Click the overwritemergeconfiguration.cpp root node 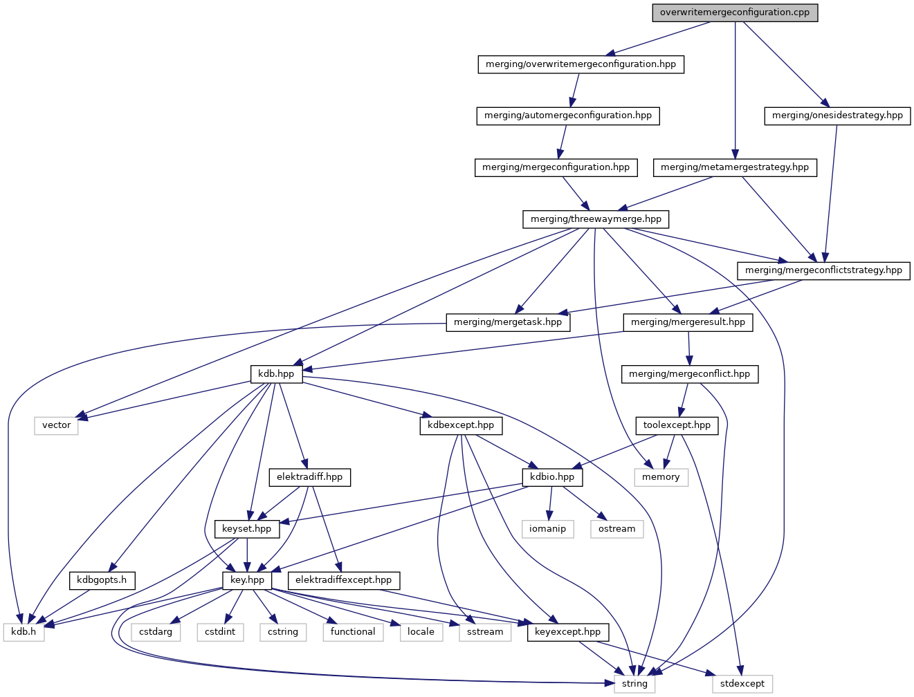coord(735,12)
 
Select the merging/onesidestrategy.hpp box coord(837,115)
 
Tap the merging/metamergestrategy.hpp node coord(735,167)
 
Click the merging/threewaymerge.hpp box coord(596,219)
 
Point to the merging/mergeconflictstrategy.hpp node coord(823,270)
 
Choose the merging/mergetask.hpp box coord(508,322)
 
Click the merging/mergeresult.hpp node coord(688,322)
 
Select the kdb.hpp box coord(276,374)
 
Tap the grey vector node coord(56,425)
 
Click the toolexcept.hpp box coord(677,425)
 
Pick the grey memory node coord(661,477)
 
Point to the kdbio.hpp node coord(552,477)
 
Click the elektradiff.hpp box coord(309,477)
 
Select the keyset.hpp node coord(247,529)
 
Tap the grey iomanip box coord(547,529)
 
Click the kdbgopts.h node coord(102,580)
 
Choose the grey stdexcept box coord(742,684)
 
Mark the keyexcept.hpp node coord(568,632)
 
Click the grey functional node coord(353,632)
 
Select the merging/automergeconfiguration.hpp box coord(568,115)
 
